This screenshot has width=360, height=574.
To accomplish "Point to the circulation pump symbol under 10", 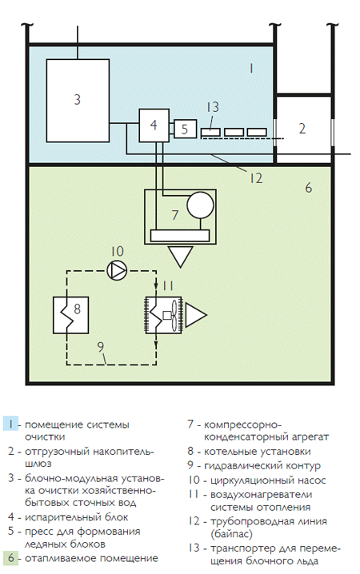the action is tap(117, 270).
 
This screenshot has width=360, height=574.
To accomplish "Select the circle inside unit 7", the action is tap(200, 205).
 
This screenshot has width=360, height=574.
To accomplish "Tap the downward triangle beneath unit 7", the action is tap(181, 256).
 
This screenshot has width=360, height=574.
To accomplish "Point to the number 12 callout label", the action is tap(256, 178).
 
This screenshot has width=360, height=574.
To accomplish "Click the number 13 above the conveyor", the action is tap(213, 107).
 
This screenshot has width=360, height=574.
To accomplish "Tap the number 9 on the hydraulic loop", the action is tap(101, 346).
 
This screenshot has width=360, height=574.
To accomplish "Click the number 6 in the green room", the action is tap(308, 188).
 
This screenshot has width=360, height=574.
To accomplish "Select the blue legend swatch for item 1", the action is tap(10, 425).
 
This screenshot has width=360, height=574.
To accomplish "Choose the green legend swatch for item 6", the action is tap(10, 558).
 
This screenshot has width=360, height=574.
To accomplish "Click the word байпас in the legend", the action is tap(231, 534).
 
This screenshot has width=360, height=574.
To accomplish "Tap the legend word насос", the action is tap(309, 480).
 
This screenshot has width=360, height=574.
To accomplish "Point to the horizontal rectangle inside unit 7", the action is tap(180, 235).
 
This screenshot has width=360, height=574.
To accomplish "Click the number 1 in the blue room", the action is tap(251, 69).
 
